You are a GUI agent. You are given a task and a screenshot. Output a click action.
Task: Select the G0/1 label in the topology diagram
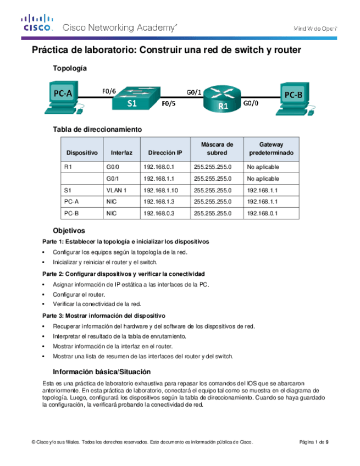click(x=194, y=93)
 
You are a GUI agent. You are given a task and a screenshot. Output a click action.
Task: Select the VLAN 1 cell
click(x=117, y=190)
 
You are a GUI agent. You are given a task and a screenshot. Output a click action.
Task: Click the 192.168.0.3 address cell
click(x=158, y=213)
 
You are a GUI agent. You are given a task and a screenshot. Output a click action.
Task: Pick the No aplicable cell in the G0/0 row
click(x=263, y=166)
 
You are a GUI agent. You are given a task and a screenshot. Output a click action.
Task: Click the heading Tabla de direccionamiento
click(x=97, y=129)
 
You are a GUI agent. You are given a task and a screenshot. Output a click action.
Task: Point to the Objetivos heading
click(x=69, y=231)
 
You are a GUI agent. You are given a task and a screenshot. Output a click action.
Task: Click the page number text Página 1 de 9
click(x=314, y=442)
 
